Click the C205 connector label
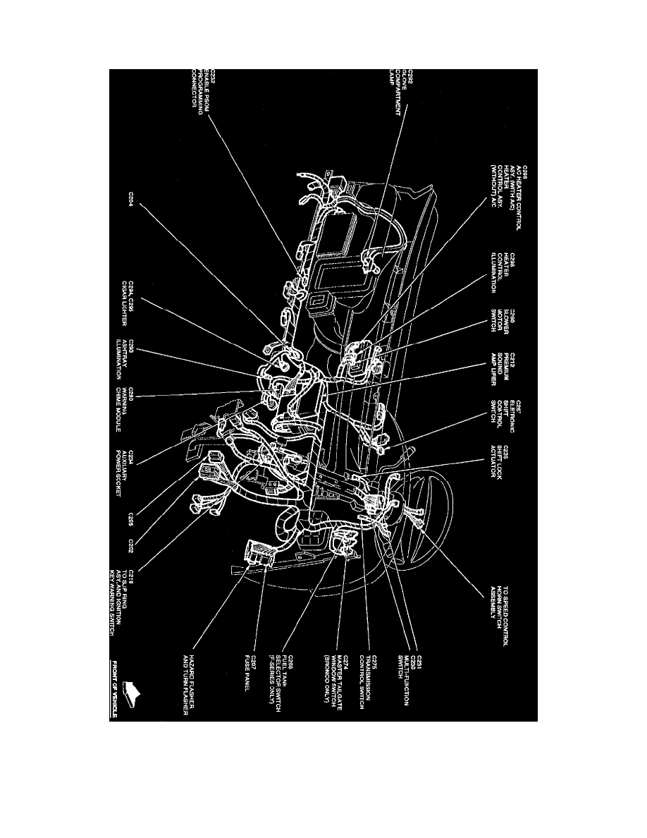pos(132,522)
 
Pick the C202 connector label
pos(132,549)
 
